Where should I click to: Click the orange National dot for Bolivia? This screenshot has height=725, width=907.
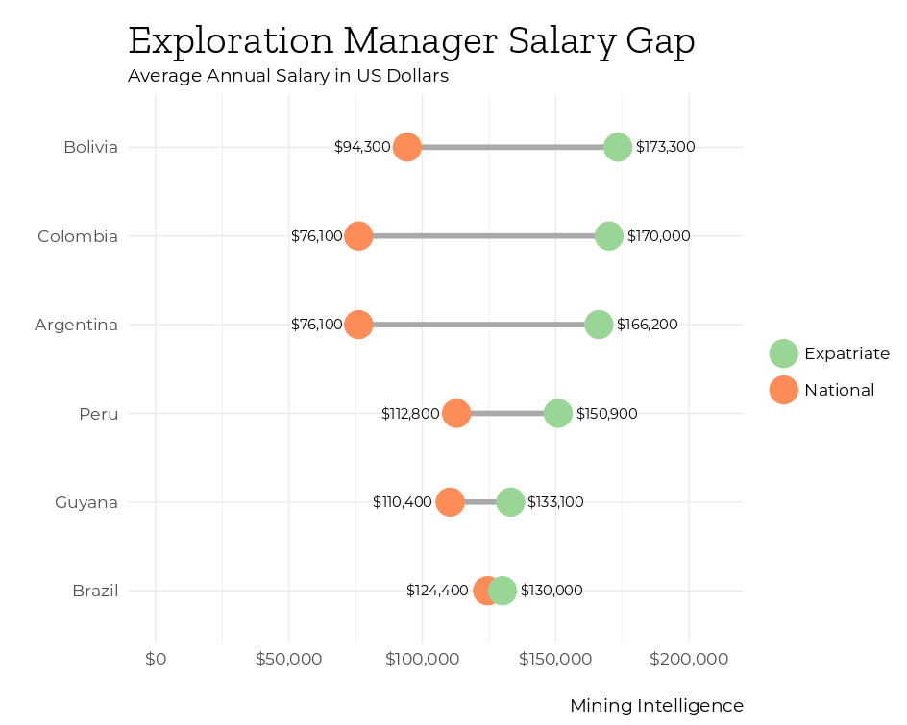click(407, 147)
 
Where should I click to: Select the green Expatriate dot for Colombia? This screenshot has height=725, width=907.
click(608, 235)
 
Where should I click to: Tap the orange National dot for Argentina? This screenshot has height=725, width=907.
click(358, 325)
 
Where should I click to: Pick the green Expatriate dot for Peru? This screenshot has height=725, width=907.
click(557, 413)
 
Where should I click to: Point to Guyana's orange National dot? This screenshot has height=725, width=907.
click(450, 501)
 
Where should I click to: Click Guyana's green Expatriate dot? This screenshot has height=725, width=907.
click(510, 501)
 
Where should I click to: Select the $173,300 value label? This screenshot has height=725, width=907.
click(665, 147)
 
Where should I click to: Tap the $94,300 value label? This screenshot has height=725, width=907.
click(362, 147)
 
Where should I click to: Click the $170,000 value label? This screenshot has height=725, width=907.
click(658, 235)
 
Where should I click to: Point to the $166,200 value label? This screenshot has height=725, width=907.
click(647, 325)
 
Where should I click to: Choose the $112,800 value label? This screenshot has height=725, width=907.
click(410, 413)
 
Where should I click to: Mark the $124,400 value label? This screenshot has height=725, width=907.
click(437, 591)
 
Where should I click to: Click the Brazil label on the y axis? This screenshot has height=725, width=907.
click(95, 591)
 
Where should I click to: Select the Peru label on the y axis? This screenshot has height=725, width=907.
click(99, 414)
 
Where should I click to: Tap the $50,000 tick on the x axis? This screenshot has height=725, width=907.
click(288, 659)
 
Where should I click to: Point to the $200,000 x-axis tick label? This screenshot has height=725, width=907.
click(688, 659)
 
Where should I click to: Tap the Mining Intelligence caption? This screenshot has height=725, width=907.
click(656, 706)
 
